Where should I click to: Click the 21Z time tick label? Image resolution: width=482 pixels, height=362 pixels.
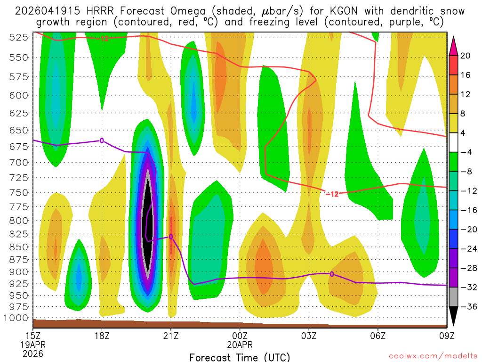(171, 337)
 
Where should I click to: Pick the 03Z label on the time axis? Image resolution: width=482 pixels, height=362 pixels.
(309, 337)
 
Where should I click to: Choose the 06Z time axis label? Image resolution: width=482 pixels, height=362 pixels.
(378, 337)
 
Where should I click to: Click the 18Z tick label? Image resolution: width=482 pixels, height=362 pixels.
(102, 337)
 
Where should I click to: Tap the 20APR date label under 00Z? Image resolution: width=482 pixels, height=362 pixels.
(240, 345)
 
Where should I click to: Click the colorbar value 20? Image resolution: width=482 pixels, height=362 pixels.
(466, 56)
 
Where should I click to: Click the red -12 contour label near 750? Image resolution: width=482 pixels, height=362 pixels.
(332, 194)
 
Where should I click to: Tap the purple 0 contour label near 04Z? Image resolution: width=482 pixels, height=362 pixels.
(332, 274)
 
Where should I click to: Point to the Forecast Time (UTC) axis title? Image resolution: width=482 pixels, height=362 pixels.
(240, 357)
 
